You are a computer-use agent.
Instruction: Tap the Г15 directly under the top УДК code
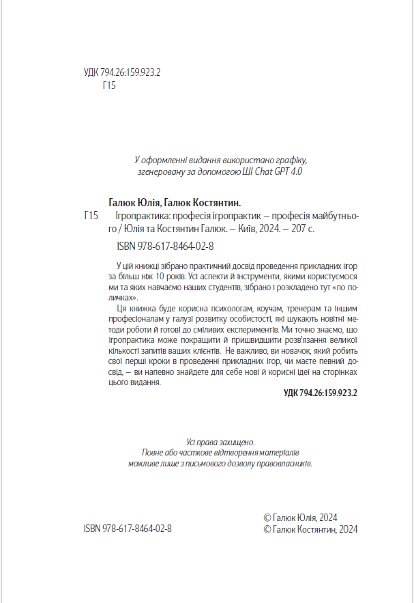[x=109, y=86]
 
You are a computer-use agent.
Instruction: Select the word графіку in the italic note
[x=292, y=160]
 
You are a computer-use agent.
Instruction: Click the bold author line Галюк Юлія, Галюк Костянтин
[x=175, y=203]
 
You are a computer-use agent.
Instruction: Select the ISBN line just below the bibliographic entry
[x=161, y=246]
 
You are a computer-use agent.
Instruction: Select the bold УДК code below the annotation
[x=320, y=394]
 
